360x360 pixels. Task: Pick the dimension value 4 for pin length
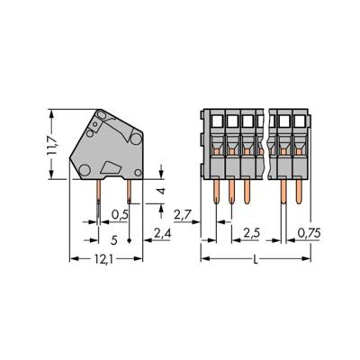coord(160,192)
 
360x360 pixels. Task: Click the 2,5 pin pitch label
coord(253,235)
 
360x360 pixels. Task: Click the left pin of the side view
coord(99,194)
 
